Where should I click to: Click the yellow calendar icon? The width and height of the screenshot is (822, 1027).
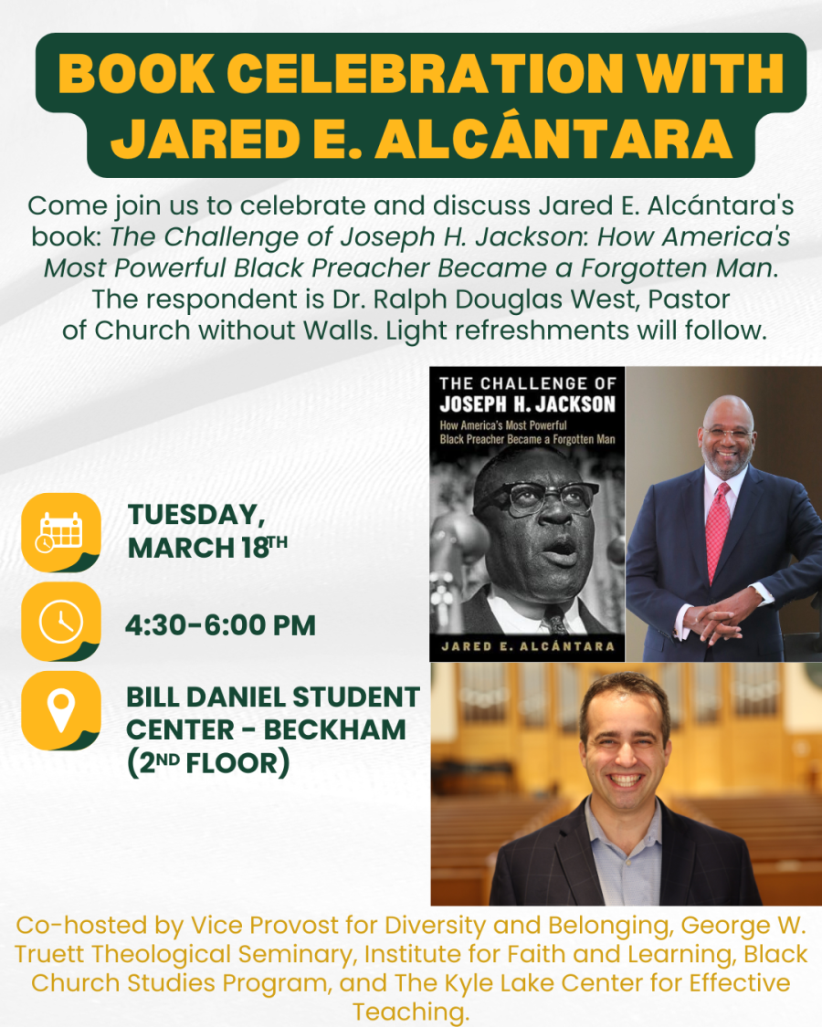(x=60, y=531)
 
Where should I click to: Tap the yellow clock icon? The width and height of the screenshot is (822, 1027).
(x=60, y=622)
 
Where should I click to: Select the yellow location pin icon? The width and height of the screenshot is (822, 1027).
(x=60, y=710)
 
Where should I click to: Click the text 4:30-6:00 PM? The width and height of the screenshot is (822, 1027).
(x=221, y=626)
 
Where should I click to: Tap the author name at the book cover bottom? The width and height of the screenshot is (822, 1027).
(x=529, y=646)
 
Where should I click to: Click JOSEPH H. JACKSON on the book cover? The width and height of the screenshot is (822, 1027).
(x=527, y=405)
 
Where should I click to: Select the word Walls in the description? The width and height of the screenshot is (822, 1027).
(x=342, y=330)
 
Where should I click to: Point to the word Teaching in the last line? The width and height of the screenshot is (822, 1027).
(x=410, y=1011)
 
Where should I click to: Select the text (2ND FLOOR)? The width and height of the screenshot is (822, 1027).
(x=208, y=762)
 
